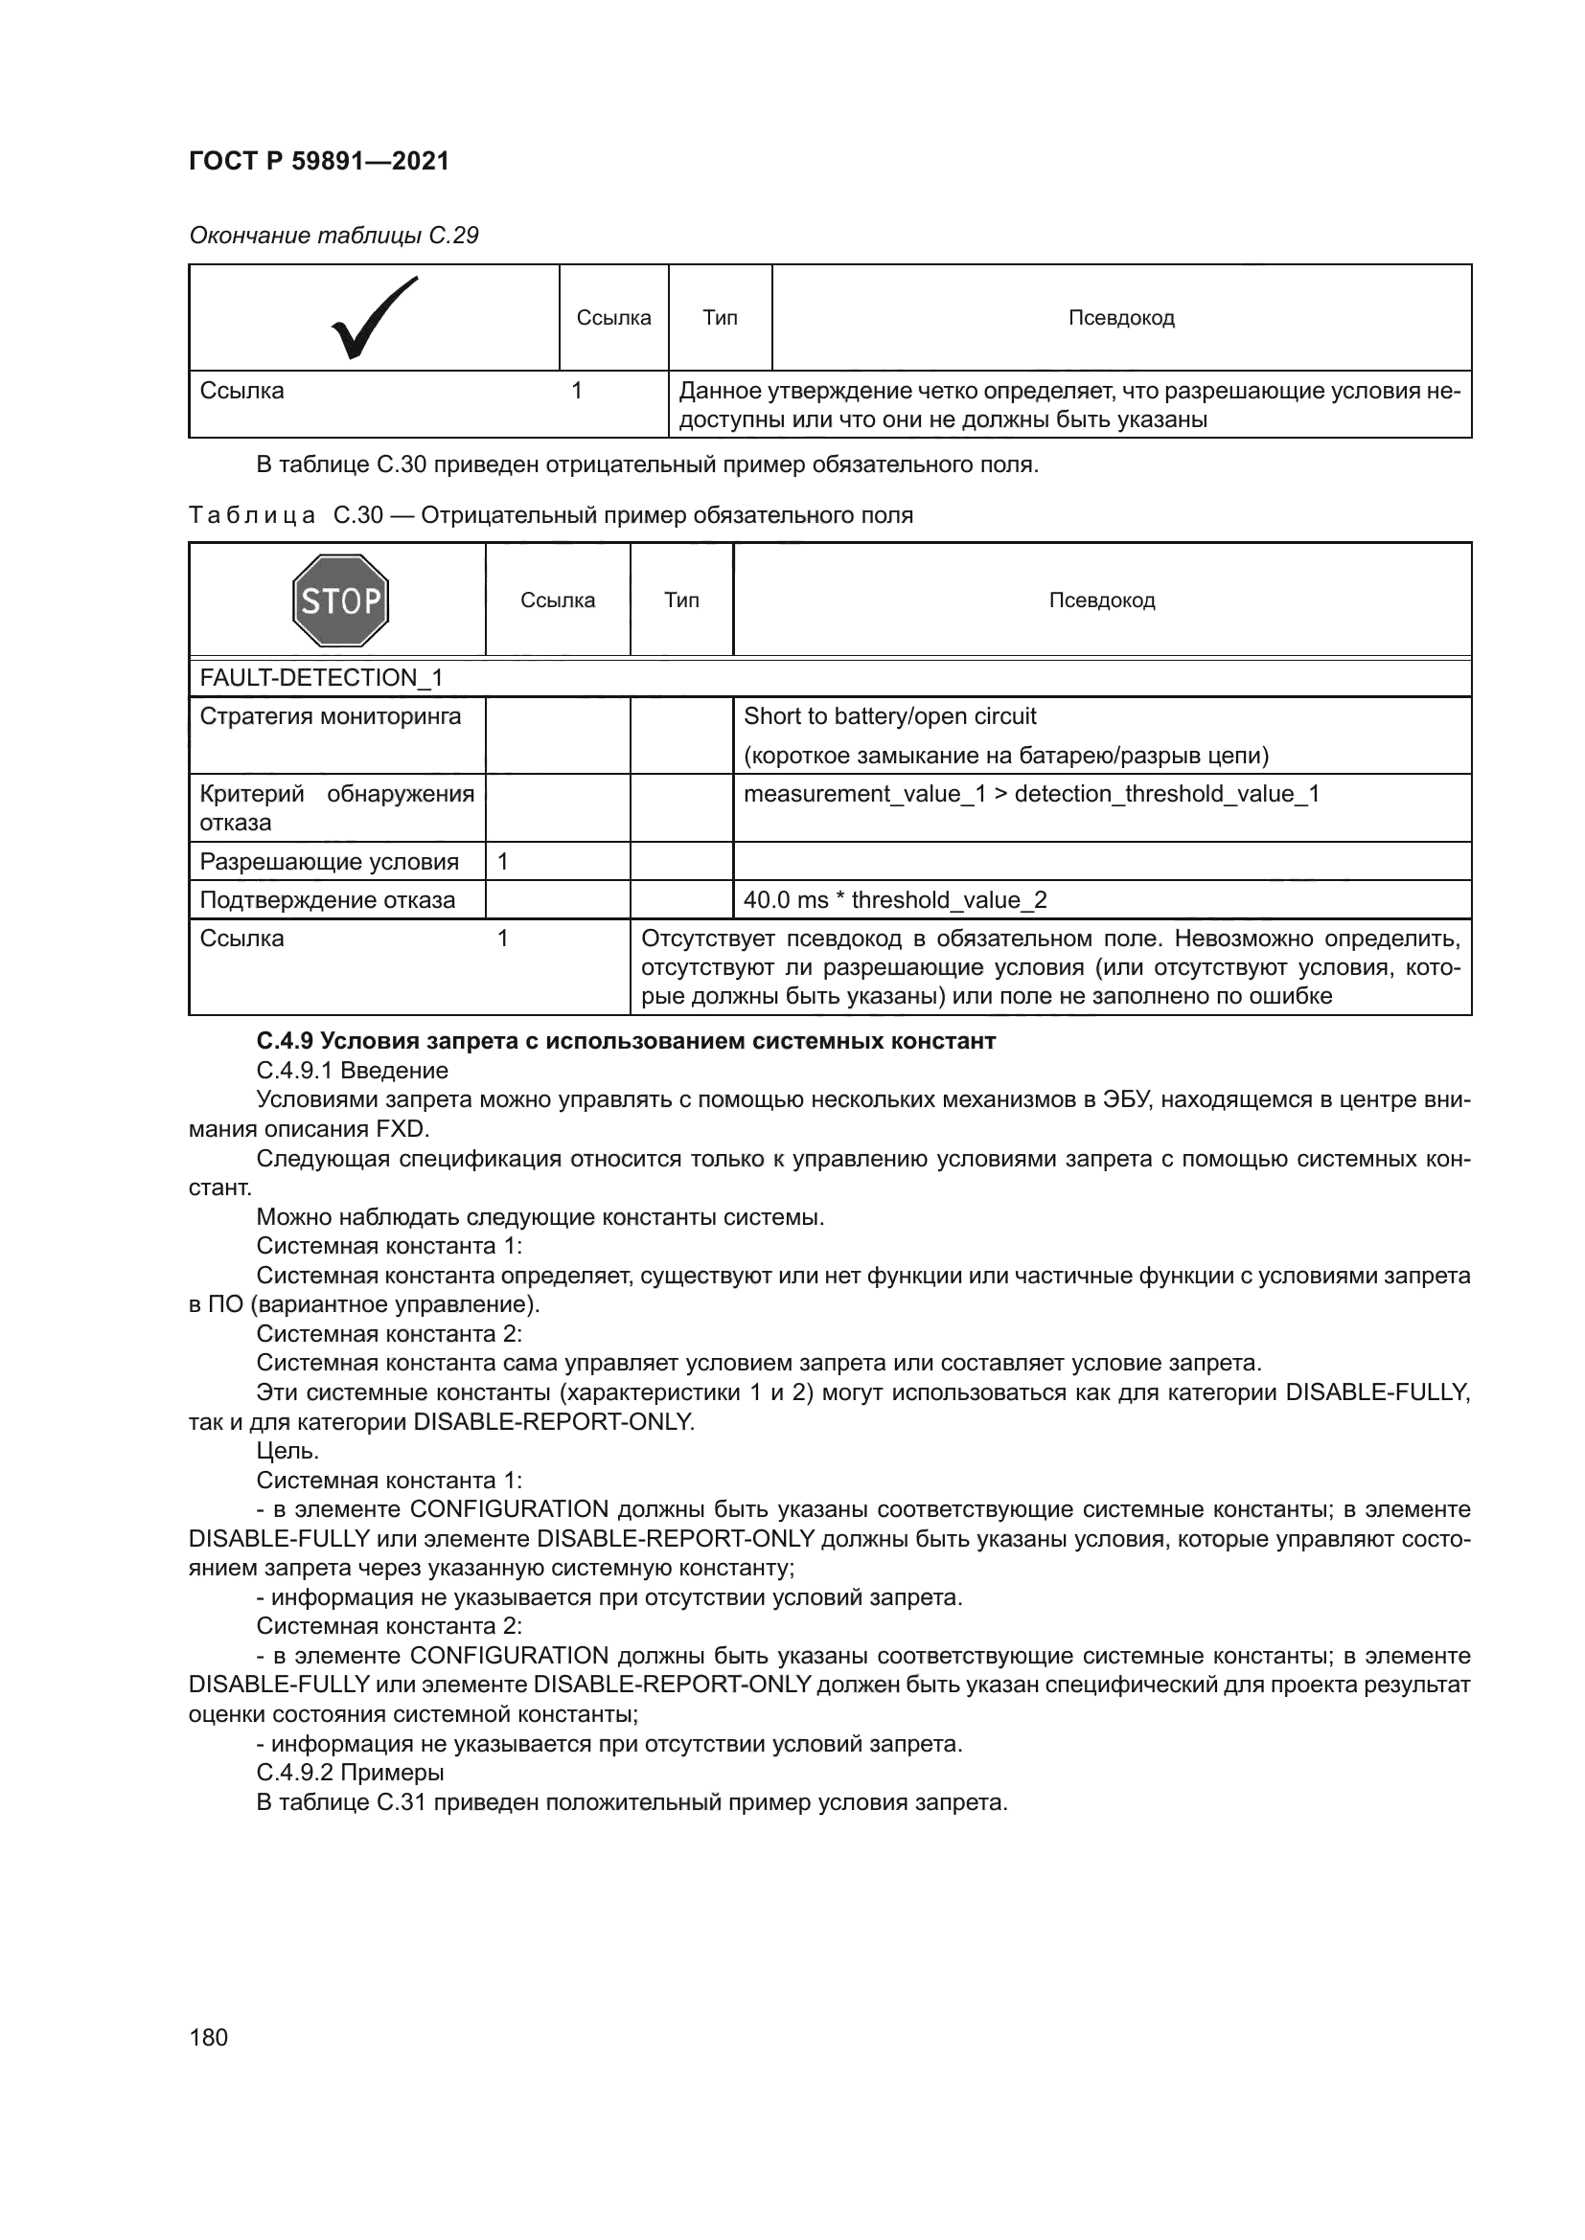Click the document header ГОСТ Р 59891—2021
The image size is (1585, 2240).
318,161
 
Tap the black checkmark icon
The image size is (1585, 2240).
374,317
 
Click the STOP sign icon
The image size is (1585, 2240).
339,600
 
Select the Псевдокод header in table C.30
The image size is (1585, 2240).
1101,600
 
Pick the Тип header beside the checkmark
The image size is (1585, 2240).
720,317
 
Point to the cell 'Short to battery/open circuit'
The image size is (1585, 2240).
889,716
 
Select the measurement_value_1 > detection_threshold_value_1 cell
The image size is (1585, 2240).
1031,793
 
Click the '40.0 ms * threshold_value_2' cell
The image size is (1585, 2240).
894,899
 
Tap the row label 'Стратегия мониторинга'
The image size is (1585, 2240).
330,716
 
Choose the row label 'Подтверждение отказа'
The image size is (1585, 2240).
327,899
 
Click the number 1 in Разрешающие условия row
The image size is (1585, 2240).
503,862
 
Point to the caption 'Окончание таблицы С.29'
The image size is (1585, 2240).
333,236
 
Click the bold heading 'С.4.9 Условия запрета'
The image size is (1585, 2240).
625,1041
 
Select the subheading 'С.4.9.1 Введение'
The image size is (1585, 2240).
352,1071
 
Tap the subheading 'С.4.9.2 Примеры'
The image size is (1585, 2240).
350,1772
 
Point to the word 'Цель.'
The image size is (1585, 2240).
287,1451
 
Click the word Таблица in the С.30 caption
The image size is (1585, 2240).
252,515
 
